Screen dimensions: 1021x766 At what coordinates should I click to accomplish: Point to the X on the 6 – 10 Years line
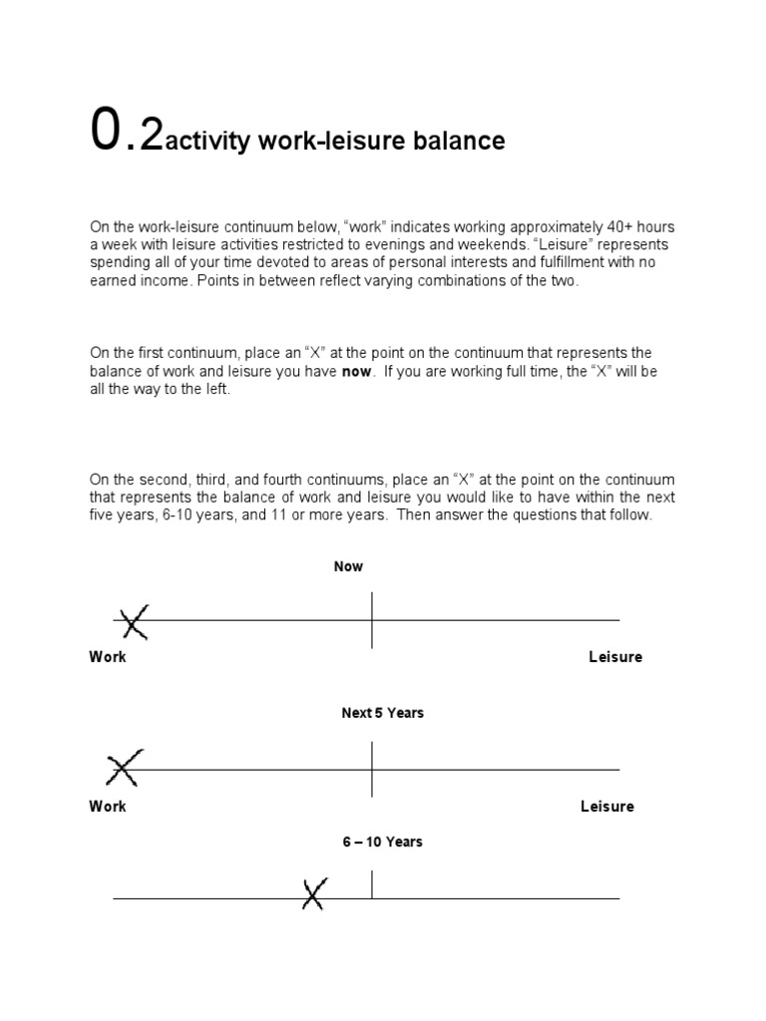coord(314,893)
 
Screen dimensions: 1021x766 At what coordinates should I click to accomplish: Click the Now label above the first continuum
coord(348,566)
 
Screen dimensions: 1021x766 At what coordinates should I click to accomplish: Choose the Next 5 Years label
coord(382,714)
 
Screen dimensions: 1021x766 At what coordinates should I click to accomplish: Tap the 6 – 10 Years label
coord(382,842)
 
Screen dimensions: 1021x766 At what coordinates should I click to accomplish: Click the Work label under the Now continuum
coord(108,657)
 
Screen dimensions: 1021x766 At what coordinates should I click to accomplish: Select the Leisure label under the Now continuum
coord(615,657)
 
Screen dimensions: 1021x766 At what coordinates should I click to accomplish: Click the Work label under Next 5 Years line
coord(108,806)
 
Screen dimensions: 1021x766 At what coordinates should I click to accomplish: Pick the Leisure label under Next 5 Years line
coord(606,806)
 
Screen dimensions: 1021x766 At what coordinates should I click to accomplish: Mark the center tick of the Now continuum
coord(372,619)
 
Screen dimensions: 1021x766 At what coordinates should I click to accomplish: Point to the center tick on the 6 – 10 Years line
coord(372,885)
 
